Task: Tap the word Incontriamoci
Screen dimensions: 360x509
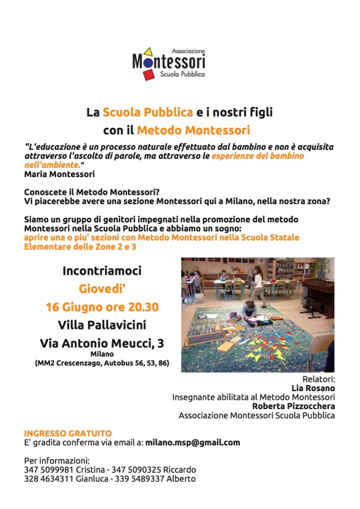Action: (x=102, y=271)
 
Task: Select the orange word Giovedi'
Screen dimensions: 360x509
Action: (x=102, y=288)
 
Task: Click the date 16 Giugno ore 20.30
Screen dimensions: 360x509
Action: (x=102, y=307)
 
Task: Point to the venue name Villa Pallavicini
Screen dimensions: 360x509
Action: (x=102, y=325)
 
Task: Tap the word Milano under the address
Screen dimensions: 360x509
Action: (x=102, y=354)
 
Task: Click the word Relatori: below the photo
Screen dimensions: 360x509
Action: (x=319, y=378)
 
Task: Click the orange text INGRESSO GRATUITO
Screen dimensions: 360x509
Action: (x=68, y=433)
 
